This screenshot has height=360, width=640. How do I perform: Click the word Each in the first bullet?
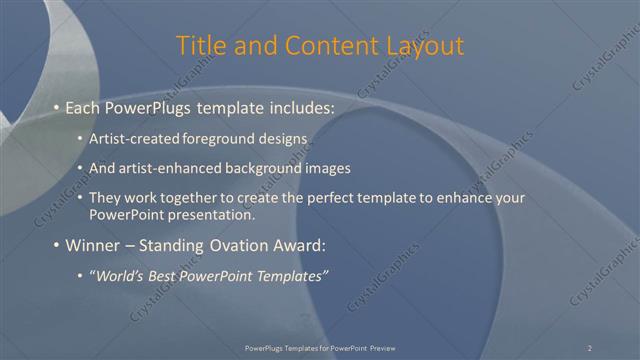(83, 106)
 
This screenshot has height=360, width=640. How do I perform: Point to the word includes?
(297, 106)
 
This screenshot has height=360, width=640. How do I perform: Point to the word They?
(105, 198)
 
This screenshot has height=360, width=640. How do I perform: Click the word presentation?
(212, 214)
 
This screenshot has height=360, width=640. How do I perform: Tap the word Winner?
(91, 245)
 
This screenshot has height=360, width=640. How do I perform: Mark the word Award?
(299, 245)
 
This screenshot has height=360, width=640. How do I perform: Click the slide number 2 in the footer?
(589, 347)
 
